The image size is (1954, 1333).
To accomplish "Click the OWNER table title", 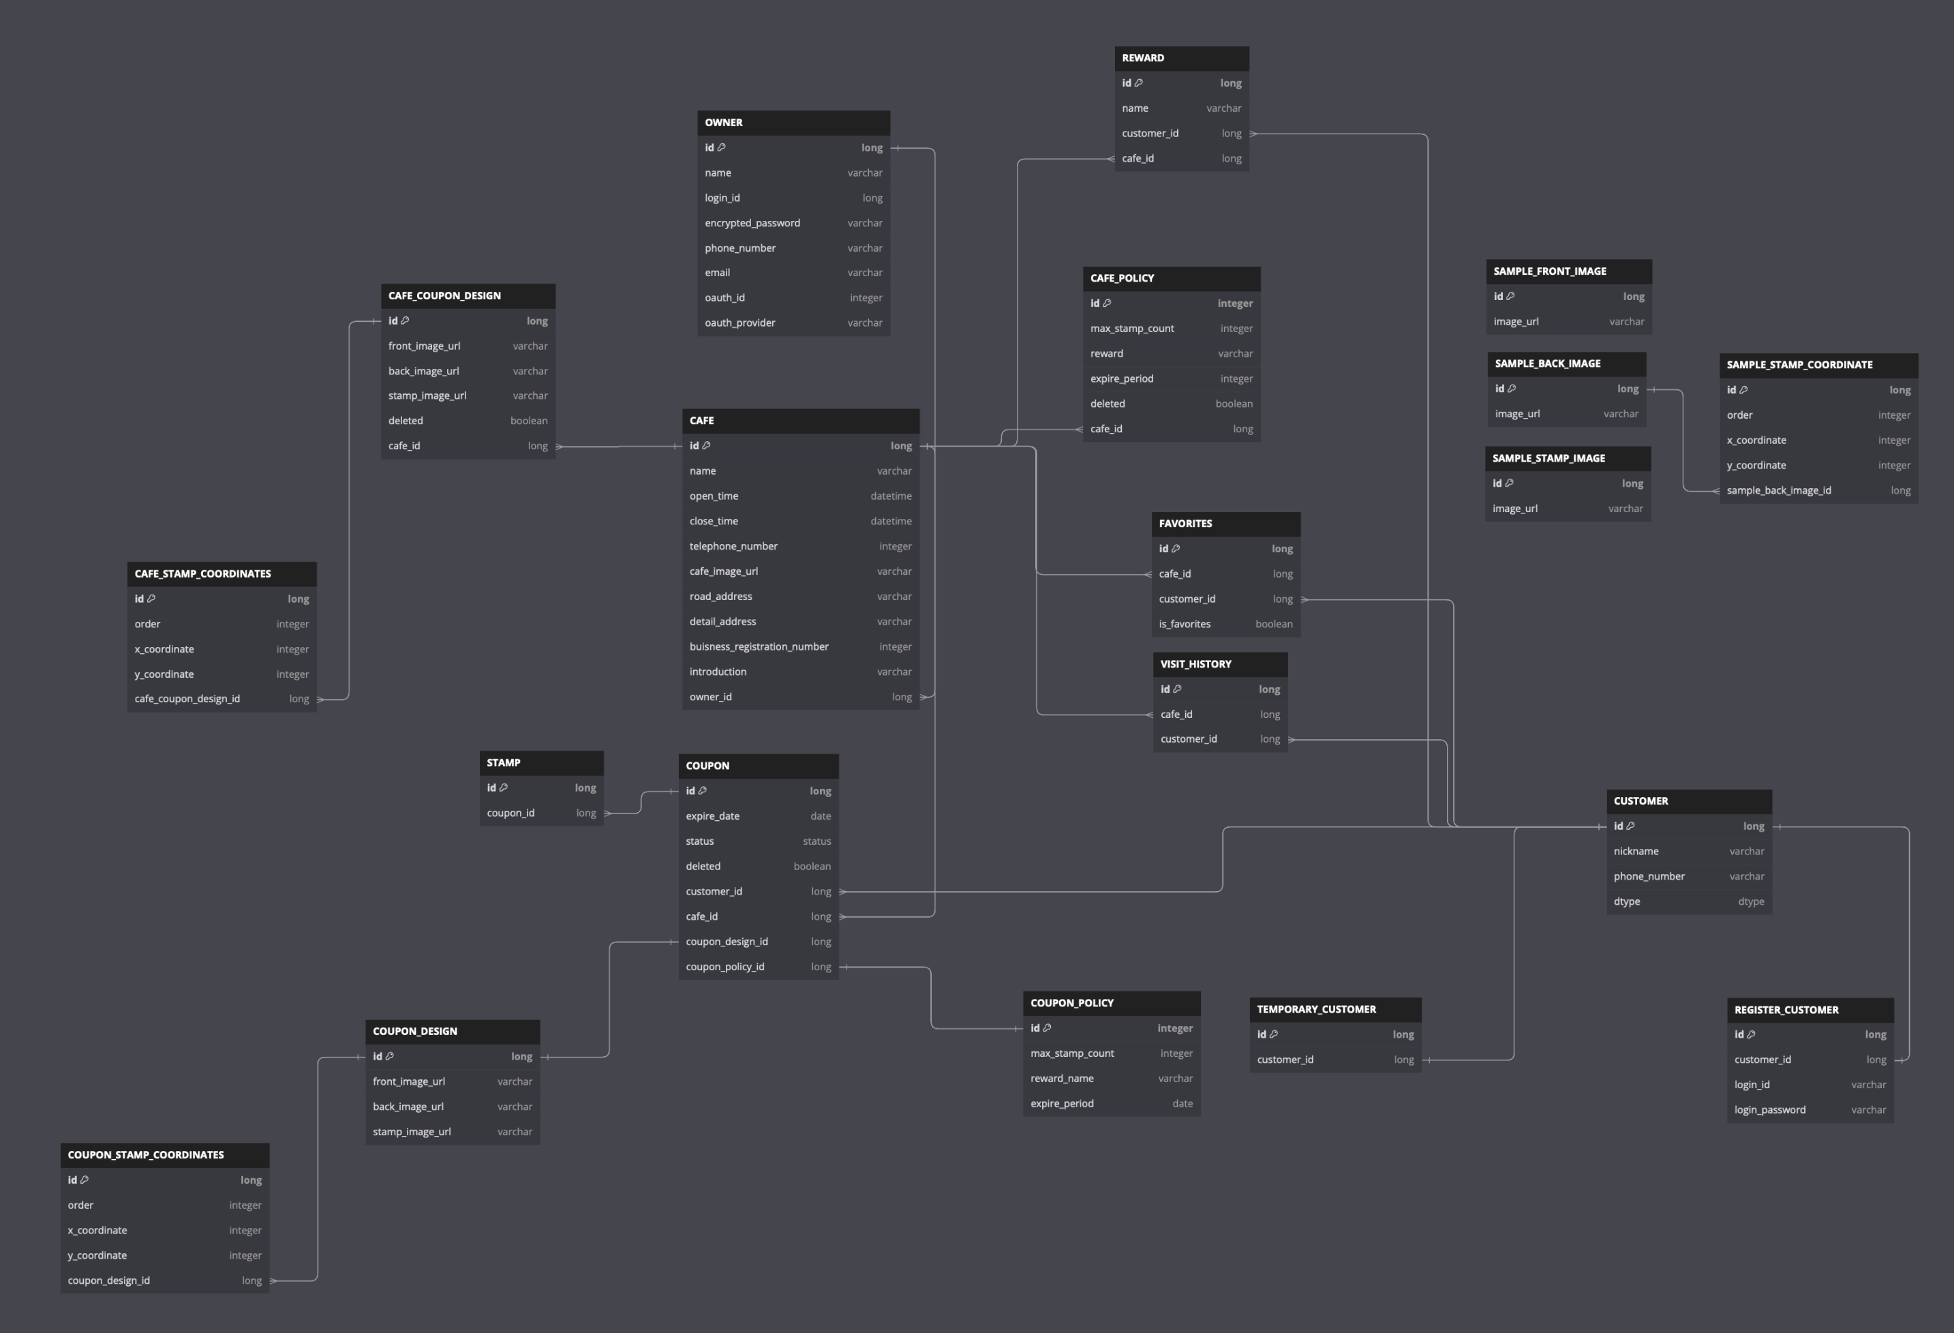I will click(724, 123).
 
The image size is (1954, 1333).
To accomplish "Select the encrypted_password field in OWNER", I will click(752, 223).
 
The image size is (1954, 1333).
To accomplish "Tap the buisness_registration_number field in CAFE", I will click(759, 647).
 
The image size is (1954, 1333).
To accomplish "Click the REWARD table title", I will click(1143, 58).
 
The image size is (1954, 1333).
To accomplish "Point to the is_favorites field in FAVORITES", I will click(1185, 624).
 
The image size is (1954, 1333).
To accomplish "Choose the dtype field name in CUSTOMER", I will click(1627, 901).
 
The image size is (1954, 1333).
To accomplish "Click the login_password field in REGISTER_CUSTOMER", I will click(1770, 1110).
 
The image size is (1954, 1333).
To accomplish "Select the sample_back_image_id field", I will click(1779, 490).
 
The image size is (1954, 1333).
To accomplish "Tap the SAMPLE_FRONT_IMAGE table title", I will click(1550, 271).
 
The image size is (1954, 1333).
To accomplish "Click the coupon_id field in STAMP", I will click(510, 813).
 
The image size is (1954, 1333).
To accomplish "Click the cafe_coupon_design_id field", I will click(187, 699).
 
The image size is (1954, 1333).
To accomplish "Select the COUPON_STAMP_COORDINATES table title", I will click(145, 1155).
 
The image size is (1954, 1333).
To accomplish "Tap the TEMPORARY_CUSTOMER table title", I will click(1317, 1009).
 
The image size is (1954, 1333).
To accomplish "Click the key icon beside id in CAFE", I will click(706, 446).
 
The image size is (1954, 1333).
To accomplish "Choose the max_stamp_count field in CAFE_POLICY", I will click(1131, 329).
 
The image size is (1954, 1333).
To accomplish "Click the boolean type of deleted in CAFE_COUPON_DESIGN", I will click(529, 421).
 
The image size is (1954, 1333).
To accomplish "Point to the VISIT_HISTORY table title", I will click(1195, 664).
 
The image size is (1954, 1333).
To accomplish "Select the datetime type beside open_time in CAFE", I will click(890, 496).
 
